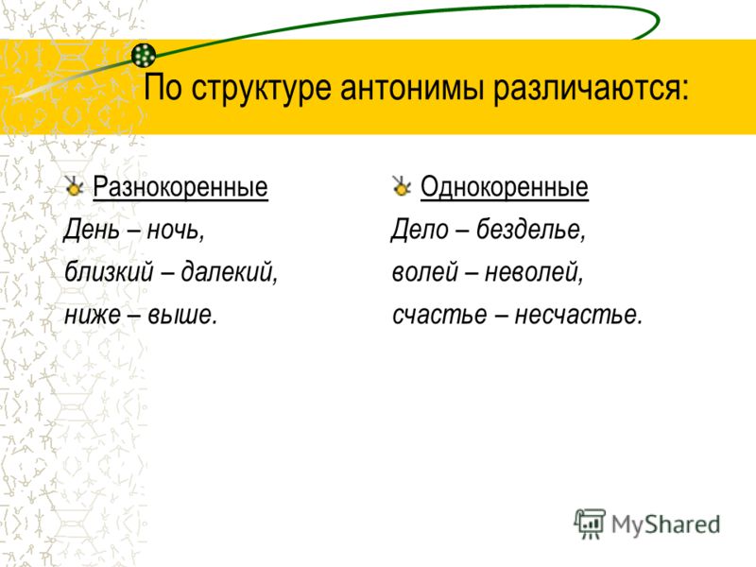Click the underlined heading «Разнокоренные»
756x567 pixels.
180,187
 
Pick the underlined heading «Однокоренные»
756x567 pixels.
505,187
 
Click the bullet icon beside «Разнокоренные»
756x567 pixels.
74,186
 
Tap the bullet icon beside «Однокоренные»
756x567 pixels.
401,186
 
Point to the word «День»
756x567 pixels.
92,230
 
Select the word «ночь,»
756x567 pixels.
176,230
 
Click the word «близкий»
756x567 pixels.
109,272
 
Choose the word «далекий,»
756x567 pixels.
230,273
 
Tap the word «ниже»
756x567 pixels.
93,315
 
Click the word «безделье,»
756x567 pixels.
531,230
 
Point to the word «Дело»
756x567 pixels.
420,230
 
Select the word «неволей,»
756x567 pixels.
534,272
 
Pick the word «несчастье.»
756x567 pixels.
578,316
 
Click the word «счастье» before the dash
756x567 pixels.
439,316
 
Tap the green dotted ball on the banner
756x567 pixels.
144,55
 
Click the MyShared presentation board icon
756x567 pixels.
589,524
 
